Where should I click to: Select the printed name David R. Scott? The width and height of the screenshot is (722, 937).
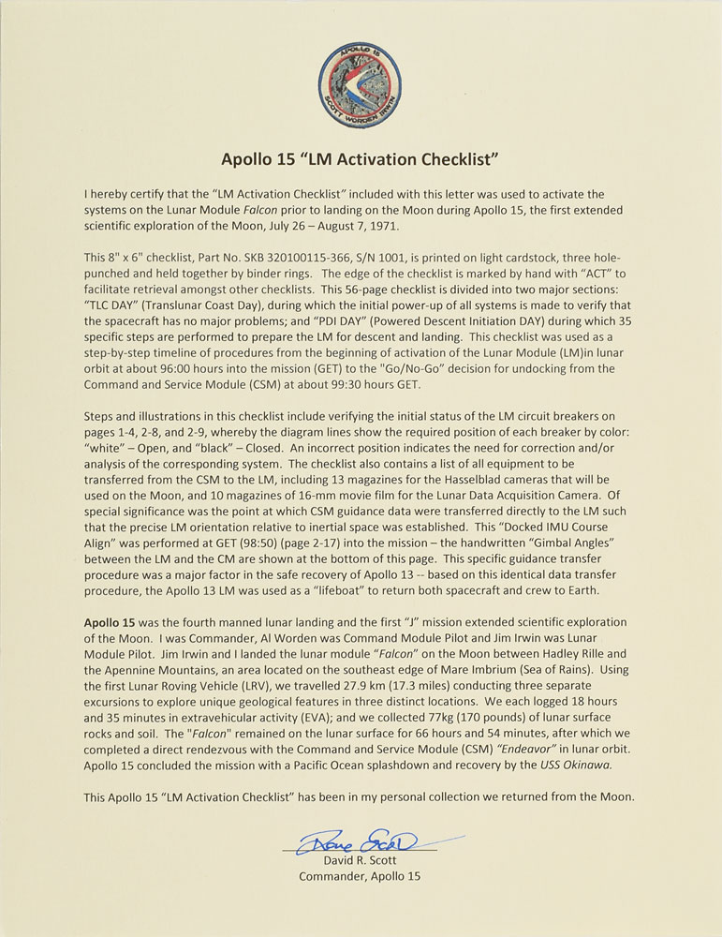(x=360, y=859)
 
